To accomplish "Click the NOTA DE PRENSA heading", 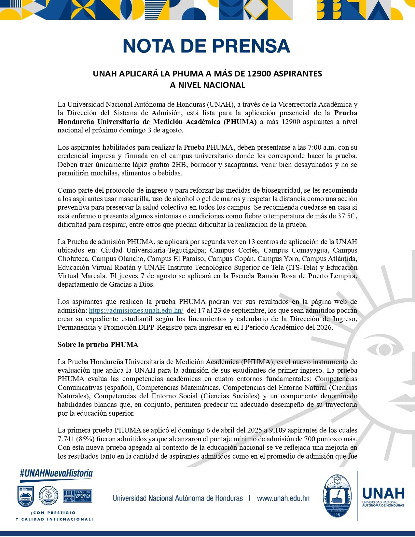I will coord(206,46).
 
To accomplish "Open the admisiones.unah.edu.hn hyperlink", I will coord(136,310).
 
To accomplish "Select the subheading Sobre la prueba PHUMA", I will coord(98,345).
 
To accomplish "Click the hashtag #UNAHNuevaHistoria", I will coord(56,474).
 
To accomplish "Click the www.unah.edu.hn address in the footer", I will coord(283,498).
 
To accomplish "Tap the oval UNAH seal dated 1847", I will coord(337,496).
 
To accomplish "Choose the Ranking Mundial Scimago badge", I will coord(77,496).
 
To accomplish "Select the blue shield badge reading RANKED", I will coord(26,496).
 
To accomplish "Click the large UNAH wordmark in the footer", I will coord(383,494).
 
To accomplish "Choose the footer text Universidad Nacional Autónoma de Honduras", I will coord(178,498).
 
